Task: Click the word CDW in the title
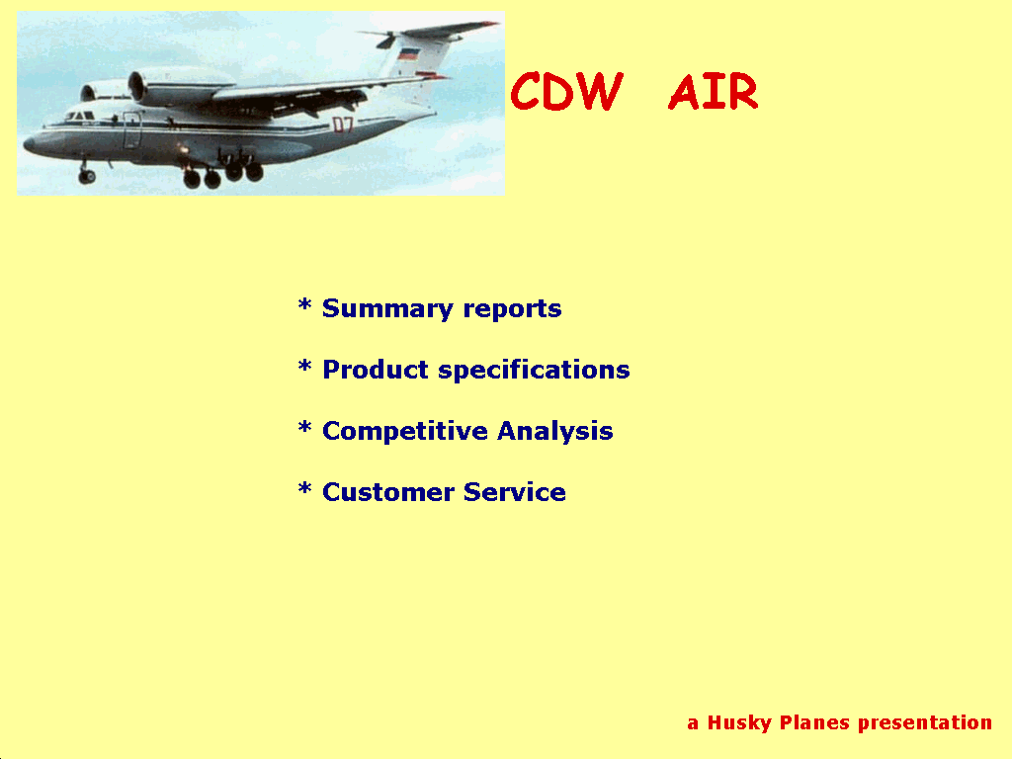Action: (566, 91)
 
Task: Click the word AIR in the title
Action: (714, 92)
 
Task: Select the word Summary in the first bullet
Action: (387, 309)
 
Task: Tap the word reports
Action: (513, 309)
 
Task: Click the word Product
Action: (375, 370)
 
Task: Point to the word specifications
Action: (534, 371)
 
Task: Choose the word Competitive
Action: (404, 431)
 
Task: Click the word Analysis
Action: (555, 431)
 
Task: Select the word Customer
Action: (388, 492)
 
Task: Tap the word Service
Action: (515, 492)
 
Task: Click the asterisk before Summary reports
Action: (304, 304)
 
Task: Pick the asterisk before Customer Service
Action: (304, 488)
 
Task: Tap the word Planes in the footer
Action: (814, 722)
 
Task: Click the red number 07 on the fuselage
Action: (343, 125)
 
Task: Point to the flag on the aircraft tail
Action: (408, 53)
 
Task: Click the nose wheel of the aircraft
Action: (87, 176)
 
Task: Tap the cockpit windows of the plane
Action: (79, 117)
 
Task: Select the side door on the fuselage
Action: (132, 129)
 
